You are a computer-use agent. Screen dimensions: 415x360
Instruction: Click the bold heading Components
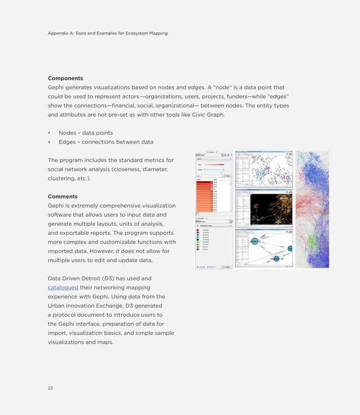coord(65,78)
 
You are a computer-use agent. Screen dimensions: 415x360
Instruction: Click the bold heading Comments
coord(63,196)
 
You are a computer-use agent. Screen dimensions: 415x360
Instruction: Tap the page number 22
coord(51,387)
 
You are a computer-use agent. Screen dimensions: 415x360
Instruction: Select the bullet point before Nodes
coord(50,133)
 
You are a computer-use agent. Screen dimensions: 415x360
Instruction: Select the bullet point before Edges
coord(50,142)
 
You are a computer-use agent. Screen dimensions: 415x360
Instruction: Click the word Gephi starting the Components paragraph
coord(57,88)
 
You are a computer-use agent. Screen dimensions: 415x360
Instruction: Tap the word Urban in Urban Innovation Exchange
coord(58,305)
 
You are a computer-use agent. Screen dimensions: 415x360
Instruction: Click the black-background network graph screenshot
coord(263,209)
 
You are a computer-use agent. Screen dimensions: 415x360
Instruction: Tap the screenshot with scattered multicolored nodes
coord(263,169)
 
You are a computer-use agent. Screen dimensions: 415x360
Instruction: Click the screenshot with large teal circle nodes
coord(263,249)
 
